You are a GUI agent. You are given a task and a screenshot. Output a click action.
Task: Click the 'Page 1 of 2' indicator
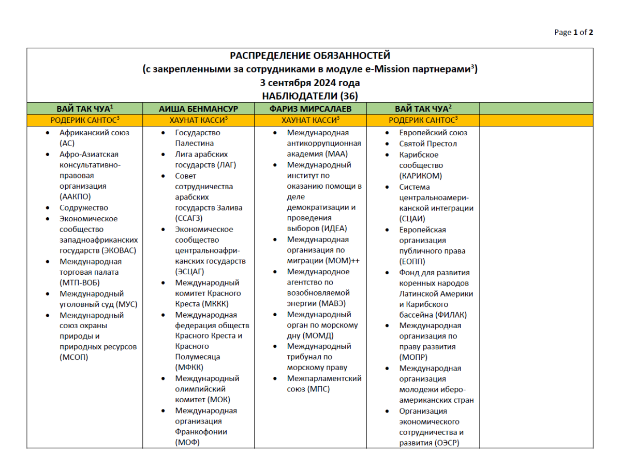pyautogui.click(x=573, y=32)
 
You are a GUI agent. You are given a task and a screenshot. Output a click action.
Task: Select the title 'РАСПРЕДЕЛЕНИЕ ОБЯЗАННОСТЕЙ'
pyautogui.click(x=310, y=56)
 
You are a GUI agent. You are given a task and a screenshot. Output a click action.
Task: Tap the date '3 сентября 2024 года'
pyautogui.click(x=310, y=83)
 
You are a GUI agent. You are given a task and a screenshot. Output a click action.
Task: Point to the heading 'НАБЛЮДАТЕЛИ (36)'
pyautogui.click(x=310, y=96)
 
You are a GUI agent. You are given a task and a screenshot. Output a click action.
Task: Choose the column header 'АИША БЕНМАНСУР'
pyautogui.click(x=198, y=109)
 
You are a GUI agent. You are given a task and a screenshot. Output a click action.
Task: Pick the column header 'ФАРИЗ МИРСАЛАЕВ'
pyautogui.click(x=310, y=109)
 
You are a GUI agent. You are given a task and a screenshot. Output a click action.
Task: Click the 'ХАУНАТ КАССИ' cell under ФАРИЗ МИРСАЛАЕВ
pyautogui.click(x=310, y=120)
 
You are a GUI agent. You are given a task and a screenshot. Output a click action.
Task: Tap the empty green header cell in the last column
pyautogui.click(x=536, y=109)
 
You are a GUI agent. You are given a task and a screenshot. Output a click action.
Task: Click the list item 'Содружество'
pyautogui.click(x=84, y=208)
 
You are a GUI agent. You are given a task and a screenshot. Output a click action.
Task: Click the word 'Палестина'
pyautogui.click(x=194, y=144)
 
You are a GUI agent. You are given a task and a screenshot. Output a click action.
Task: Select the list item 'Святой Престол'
pyautogui.click(x=428, y=144)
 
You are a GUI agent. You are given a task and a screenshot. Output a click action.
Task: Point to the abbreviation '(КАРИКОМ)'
pyautogui.click(x=421, y=176)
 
